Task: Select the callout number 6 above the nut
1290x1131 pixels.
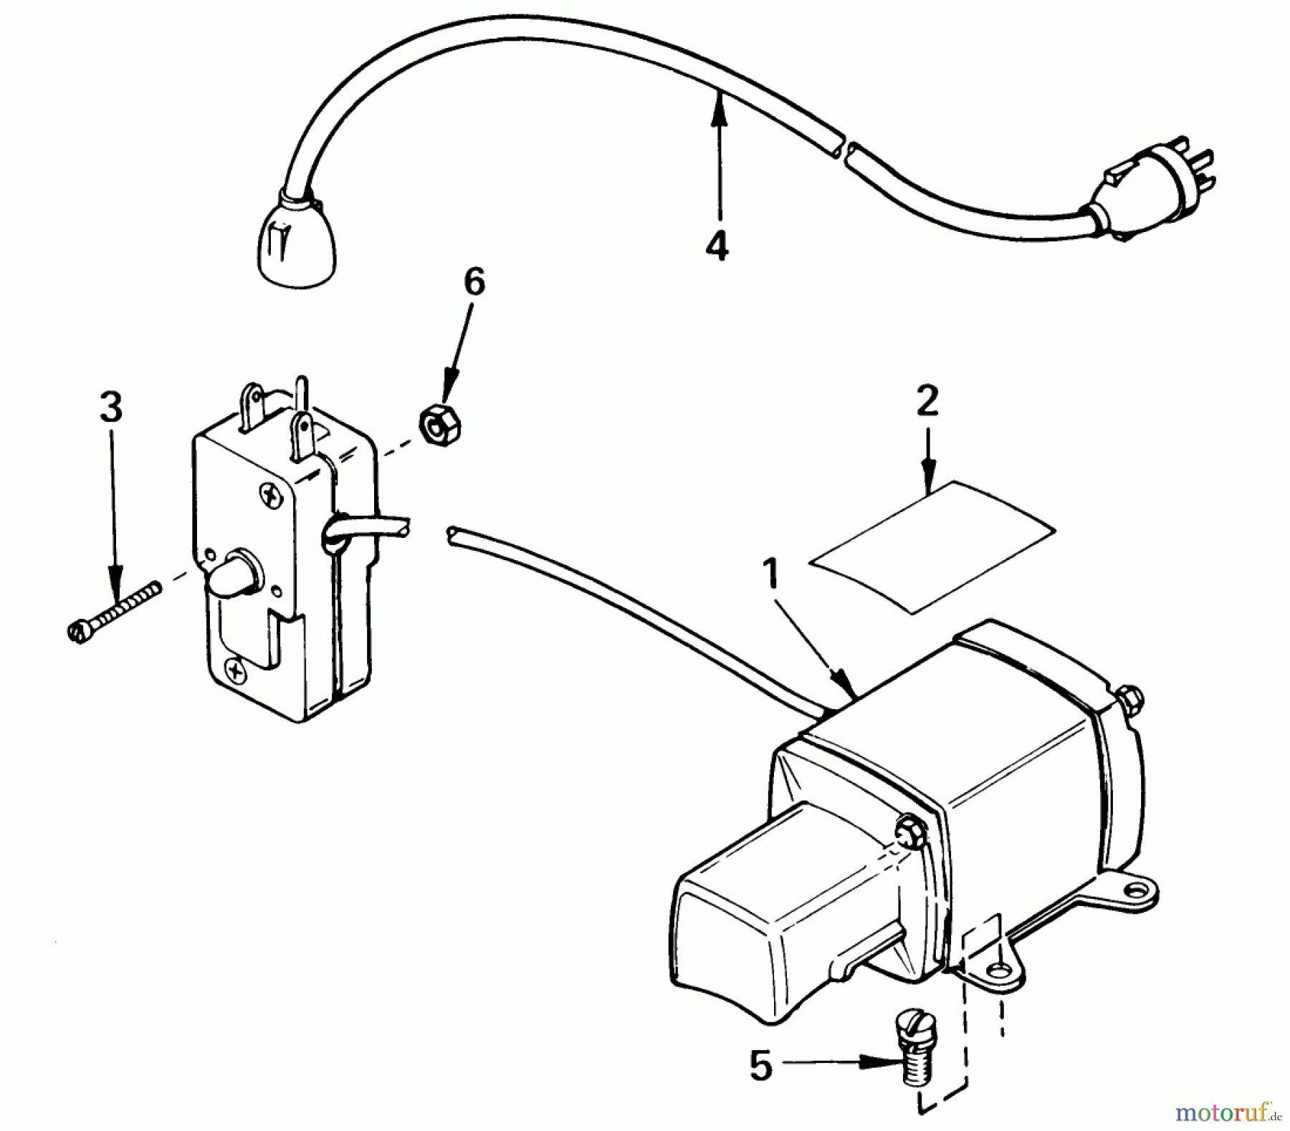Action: click(474, 281)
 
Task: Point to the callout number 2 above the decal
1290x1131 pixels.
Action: click(927, 401)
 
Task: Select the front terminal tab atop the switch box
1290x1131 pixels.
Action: click(299, 433)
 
